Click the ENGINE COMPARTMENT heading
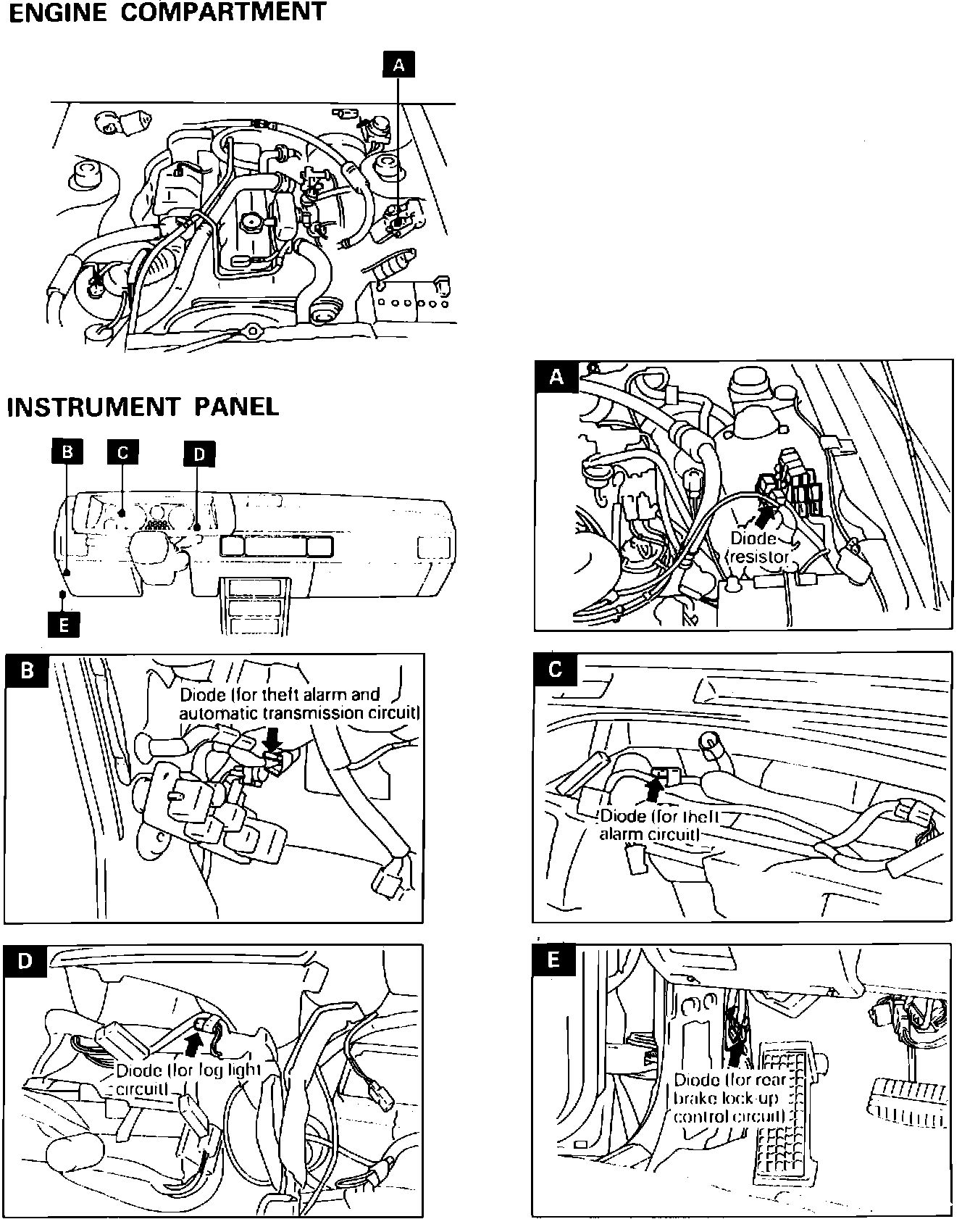(x=167, y=13)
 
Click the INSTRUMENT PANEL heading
(x=143, y=407)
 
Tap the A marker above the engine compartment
(x=398, y=65)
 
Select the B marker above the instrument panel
(x=67, y=452)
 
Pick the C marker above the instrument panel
(x=122, y=452)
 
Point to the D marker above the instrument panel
(x=200, y=454)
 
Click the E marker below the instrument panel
(x=64, y=624)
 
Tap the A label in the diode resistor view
(x=556, y=377)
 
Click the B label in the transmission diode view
(x=27, y=670)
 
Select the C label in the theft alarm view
(x=555, y=669)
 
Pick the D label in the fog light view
(x=25, y=961)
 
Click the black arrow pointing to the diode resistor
(x=763, y=517)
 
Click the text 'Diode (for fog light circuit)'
(x=188, y=1079)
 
